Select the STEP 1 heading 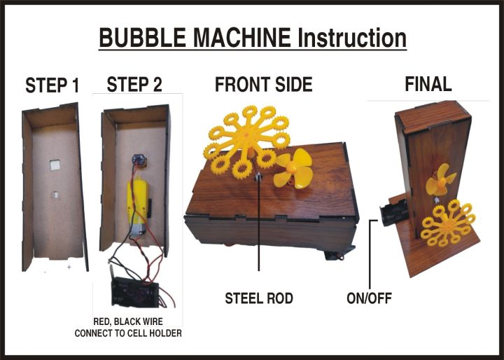[x=52, y=86]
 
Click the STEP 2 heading [x=134, y=85]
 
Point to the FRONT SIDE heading [x=263, y=85]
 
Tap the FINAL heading [x=428, y=85]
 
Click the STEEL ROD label [x=258, y=298]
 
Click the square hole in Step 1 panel [x=54, y=166]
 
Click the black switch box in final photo [x=391, y=209]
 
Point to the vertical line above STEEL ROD [x=259, y=231]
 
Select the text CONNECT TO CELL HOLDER [x=128, y=334]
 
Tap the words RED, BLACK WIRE [x=128, y=323]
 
